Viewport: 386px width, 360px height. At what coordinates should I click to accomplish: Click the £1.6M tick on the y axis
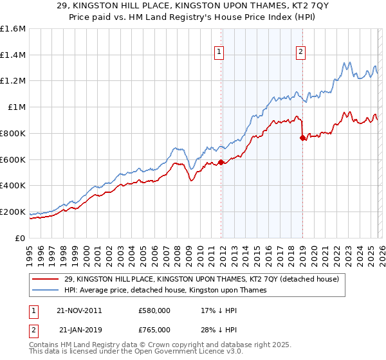click(13, 29)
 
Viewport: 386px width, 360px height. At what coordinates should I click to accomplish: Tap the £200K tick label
click(13, 212)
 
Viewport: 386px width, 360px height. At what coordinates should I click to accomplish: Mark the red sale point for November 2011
click(221, 162)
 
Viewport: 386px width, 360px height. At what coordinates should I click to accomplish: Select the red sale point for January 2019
click(302, 138)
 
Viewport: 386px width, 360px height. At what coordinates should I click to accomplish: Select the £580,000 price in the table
click(154, 310)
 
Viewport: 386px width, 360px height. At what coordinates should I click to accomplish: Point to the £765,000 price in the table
click(154, 329)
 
